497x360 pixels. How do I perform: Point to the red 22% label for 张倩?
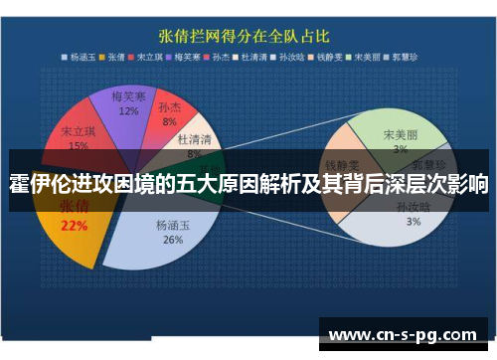tap(75, 226)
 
